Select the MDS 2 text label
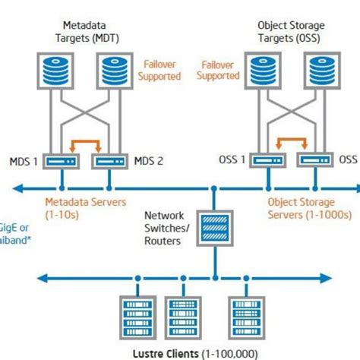click(150, 159)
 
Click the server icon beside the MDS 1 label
click(60, 160)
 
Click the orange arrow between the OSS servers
click(289, 141)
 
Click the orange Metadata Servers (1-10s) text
click(79, 208)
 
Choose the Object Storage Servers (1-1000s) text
click(308, 208)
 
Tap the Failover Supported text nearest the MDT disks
click(159, 71)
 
